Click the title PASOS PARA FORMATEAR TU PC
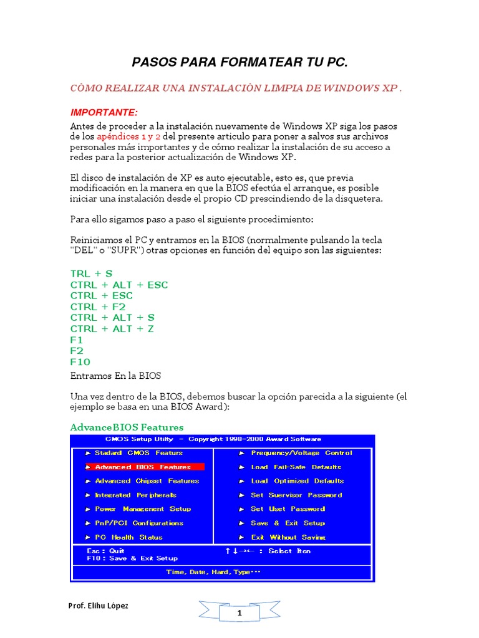(239, 62)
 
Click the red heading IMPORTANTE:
(104, 112)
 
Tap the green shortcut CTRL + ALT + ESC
(119, 285)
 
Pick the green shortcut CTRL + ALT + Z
(112, 328)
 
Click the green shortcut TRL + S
(92, 274)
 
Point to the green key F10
(80, 361)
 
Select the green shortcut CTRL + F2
(98, 307)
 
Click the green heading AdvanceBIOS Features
(127, 427)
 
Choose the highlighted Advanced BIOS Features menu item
(143, 467)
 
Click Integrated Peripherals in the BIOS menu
(135, 495)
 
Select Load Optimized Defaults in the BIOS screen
(297, 481)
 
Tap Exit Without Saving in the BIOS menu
(288, 537)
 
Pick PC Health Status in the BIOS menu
(128, 537)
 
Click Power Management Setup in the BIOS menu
(143, 509)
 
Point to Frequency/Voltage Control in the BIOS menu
(301, 453)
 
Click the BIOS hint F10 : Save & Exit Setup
(132, 558)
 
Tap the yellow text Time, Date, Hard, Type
(213, 571)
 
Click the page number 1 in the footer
(238, 613)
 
